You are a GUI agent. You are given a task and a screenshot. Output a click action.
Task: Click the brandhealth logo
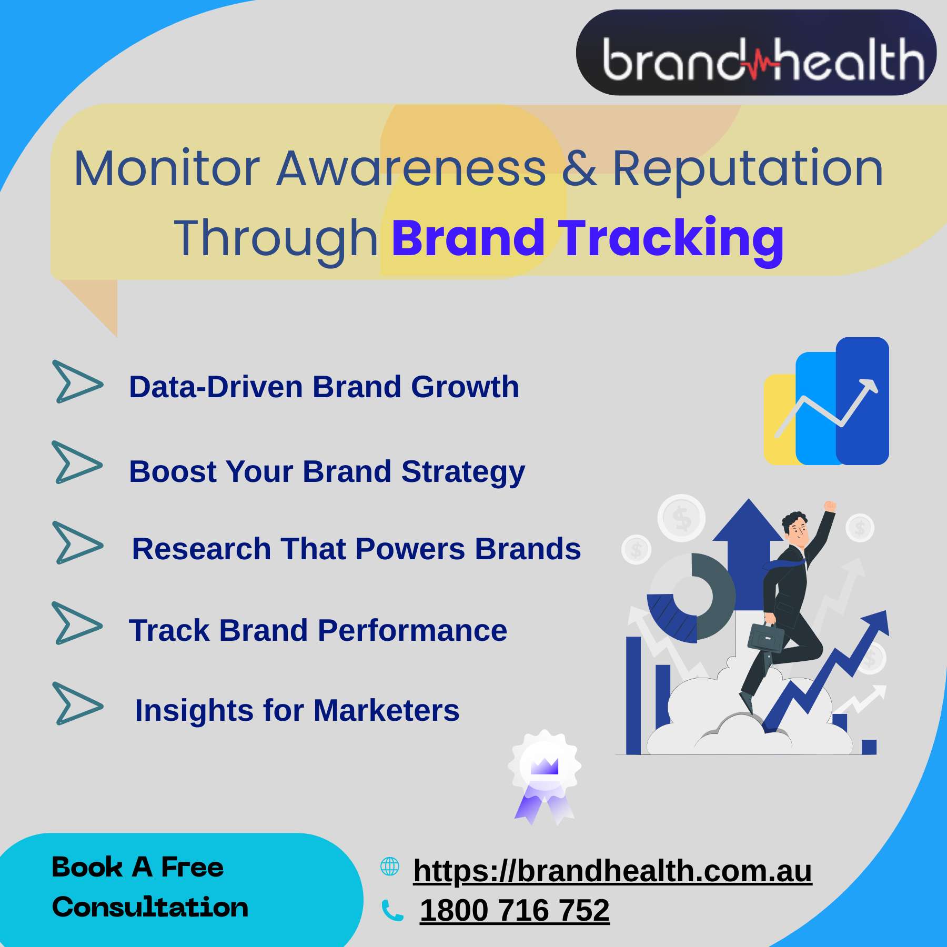[756, 53]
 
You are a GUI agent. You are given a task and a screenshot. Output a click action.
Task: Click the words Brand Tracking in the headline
[588, 238]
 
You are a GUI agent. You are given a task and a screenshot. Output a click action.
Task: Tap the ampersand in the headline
[579, 169]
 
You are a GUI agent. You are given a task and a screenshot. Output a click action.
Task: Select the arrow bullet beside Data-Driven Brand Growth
[77, 381]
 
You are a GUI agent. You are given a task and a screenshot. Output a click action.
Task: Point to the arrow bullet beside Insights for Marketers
[77, 703]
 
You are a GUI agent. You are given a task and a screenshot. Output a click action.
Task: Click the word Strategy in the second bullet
[463, 472]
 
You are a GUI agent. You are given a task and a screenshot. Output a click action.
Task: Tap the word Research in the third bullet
[201, 549]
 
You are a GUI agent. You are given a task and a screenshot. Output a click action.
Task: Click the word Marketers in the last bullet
[386, 710]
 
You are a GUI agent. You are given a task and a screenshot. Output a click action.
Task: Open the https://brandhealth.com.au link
[612, 871]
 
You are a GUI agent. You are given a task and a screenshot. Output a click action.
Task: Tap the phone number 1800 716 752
[515, 910]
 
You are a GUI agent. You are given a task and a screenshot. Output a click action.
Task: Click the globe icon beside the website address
[390, 867]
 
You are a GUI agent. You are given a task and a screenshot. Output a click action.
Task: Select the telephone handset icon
[392, 911]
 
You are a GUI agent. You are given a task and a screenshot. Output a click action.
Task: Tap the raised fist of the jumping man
[830, 506]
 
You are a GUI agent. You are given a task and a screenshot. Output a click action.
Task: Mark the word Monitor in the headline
[167, 169]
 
